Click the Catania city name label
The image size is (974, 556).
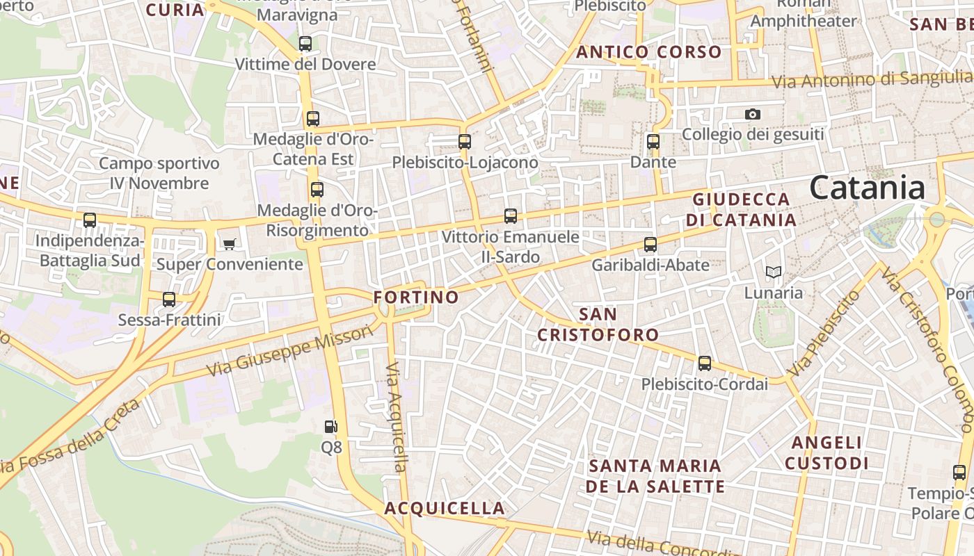(867, 188)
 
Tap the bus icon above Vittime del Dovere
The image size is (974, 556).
(305, 44)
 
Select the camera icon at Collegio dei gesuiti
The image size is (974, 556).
(752, 114)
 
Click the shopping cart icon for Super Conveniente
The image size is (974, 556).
(230, 244)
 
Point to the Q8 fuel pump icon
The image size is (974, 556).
(331, 426)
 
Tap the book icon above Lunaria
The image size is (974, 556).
(773, 272)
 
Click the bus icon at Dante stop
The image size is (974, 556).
(653, 142)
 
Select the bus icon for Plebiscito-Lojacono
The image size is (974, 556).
(465, 142)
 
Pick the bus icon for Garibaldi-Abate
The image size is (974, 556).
(650, 245)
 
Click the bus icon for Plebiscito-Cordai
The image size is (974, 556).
(704, 363)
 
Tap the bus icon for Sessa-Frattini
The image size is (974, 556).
(169, 300)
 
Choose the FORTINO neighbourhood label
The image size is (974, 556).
(416, 297)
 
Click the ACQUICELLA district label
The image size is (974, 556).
(445, 508)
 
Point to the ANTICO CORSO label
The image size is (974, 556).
(648, 52)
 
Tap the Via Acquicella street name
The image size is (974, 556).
(396, 416)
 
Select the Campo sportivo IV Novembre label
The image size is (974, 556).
(159, 174)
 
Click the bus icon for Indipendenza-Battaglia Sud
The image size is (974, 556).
(90, 220)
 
